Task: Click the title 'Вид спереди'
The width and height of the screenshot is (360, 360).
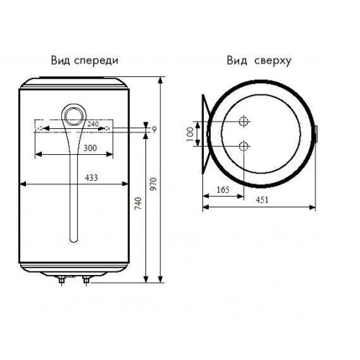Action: [85, 60]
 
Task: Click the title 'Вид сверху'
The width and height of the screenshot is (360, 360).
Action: [259, 61]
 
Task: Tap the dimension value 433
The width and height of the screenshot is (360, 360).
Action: [91, 178]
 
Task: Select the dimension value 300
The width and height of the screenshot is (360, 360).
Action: [90, 148]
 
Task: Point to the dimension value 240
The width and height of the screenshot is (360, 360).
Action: [93, 124]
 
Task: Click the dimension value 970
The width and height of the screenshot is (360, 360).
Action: [153, 184]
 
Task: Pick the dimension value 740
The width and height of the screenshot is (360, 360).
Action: [138, 204]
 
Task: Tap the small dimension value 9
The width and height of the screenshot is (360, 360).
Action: [154, 130]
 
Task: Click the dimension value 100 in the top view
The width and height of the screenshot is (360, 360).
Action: [189, 134]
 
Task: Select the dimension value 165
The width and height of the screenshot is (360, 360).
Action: [223, 190]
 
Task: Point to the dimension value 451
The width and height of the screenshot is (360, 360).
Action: [262, 200]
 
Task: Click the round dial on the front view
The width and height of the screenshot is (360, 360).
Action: [74, 117]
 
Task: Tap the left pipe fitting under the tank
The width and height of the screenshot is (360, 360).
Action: [62, 280]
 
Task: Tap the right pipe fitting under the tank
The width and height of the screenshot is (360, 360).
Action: [86, 280]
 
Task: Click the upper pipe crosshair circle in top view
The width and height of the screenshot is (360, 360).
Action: [243, 122]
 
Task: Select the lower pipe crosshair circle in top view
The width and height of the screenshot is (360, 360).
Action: [243, 146]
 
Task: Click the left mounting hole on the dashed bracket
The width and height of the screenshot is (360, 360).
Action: [41, 129]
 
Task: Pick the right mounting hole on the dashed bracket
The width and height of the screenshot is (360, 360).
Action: [107, 129]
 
